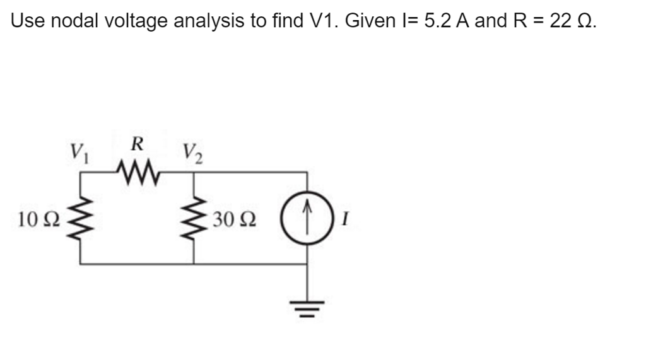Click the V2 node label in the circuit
[192, 153]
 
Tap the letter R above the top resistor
[136, 143]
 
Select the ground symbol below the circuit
[307, 308]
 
